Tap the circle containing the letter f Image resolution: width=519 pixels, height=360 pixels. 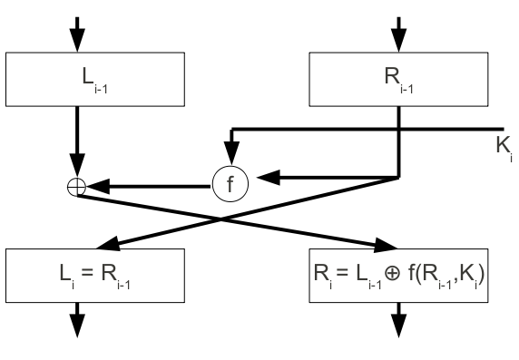230,184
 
